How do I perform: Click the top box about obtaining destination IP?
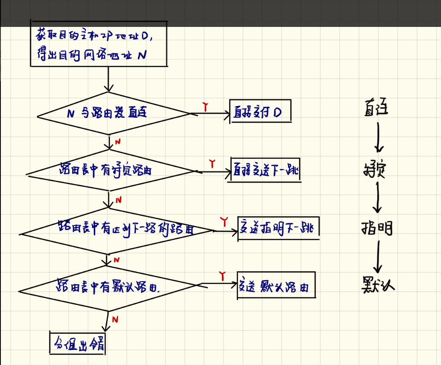pyautogui.click(x=98, y=44)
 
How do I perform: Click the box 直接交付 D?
pyautogui.click(x=260, y=113)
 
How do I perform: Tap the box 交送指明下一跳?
pyautogui.click(x=278, y=227)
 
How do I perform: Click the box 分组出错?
pyautogui.click(x=78, y=344)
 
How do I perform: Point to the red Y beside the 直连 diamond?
pyautogui.click(x=205, y=106)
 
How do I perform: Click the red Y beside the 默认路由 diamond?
pyautogui.click(x=222, y=275)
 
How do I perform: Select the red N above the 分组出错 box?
pyautogui.click(x=115, y=319)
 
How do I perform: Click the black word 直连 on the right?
pyautogui.click(x=376, y=109)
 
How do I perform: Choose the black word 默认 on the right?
pyautogui.click(x=378, y=284)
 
